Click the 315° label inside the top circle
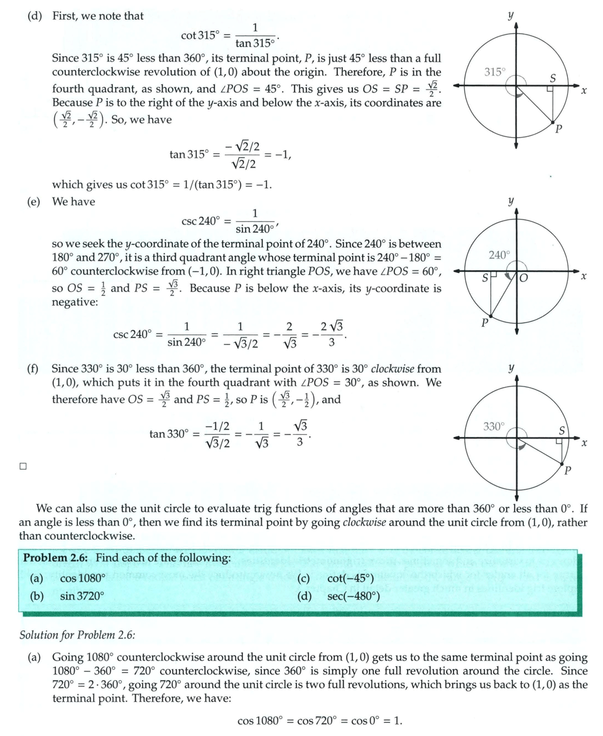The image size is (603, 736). pos(495,72)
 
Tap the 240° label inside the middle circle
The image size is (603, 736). pos(499,255)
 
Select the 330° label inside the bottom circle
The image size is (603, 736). pos(494,427)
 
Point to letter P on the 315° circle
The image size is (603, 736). pos(558,129)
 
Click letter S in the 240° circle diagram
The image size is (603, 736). pos(485,277)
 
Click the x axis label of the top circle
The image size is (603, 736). pos(584,92)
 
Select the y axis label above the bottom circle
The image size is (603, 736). pos(512,366)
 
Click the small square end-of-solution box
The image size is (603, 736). pos(23,466)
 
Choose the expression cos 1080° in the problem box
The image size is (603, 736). pos(81,579)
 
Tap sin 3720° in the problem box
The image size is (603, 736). pos(82,595)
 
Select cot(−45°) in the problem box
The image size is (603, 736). pos(350,579)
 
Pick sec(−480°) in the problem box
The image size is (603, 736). pos(354,595)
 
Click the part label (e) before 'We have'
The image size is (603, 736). pos(34,202)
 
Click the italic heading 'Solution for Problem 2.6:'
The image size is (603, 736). pos(77,635)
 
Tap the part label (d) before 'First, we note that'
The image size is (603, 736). pos(34,16)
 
